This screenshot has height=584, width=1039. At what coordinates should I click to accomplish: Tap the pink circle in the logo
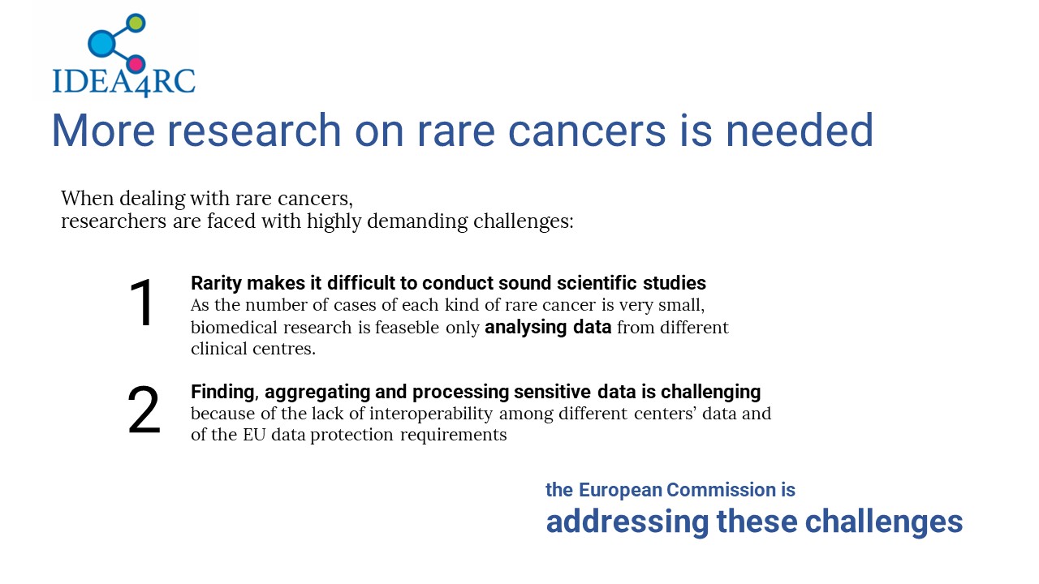pos(136,64)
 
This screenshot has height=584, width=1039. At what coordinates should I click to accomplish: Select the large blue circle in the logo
pos(101,43)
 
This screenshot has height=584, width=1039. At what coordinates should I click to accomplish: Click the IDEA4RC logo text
pos(124,83)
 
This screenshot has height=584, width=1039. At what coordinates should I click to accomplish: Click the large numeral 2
pos(144,410)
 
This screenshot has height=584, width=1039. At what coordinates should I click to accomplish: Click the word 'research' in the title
pos(254,131)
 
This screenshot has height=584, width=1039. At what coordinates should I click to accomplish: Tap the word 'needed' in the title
pos(800,131)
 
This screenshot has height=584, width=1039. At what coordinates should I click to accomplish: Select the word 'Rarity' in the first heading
pos(216,284)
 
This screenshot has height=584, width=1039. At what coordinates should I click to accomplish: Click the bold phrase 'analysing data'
pos(548,328)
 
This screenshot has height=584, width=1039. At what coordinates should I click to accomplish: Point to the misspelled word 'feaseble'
pos(407,327)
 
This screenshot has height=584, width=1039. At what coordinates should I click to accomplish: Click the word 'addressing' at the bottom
pos(627,522)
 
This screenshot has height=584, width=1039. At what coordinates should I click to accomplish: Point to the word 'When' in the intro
pos(87,199)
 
